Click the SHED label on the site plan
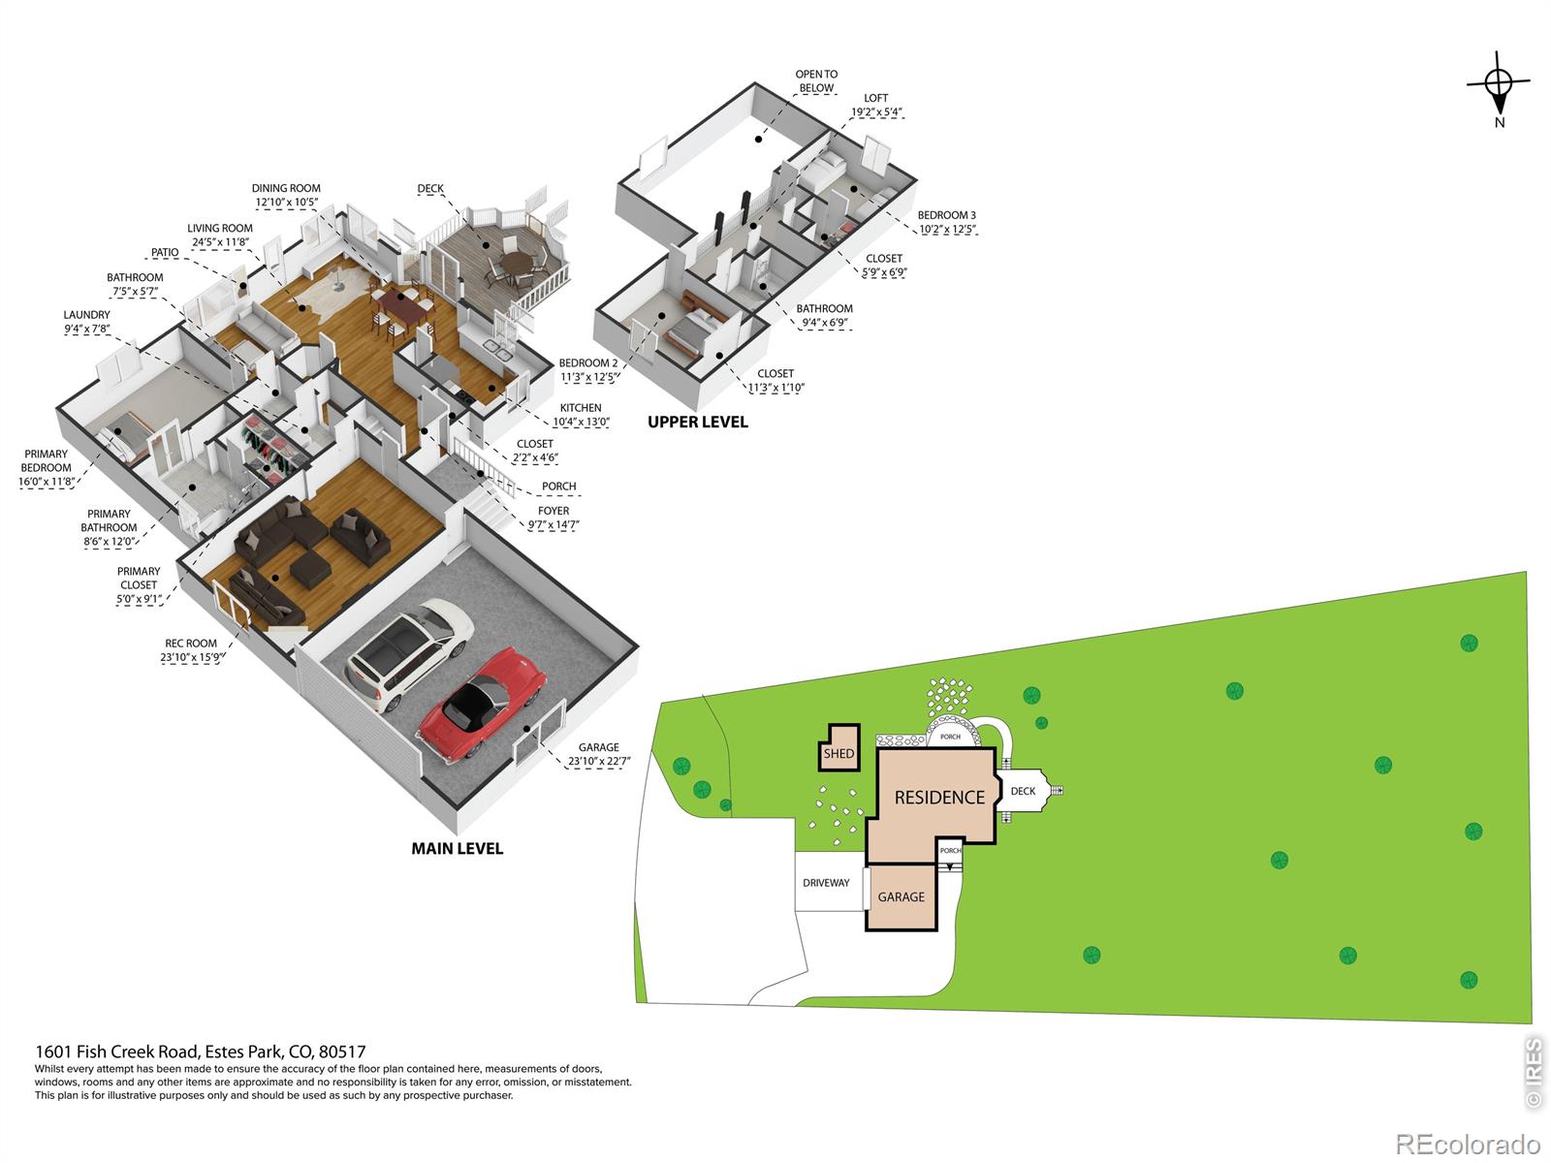click(839, 753)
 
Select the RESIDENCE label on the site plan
click(939, 798)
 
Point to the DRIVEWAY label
click(826, 883)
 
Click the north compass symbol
click(1498, 88)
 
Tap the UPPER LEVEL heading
click(697, 423)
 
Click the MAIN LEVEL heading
click(458, 849)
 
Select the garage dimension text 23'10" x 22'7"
click(599, 761)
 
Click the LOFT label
click(875, 98)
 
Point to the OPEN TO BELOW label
click(816, 81)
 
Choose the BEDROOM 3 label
click(946, 215)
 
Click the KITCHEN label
click(580, 408)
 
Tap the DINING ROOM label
click(286, 189)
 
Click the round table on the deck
click(518, 263)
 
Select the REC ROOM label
click(191, 644)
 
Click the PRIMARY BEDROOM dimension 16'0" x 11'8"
click(46, 483)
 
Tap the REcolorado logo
click(1469, 1144)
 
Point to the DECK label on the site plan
click(1023, 791)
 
